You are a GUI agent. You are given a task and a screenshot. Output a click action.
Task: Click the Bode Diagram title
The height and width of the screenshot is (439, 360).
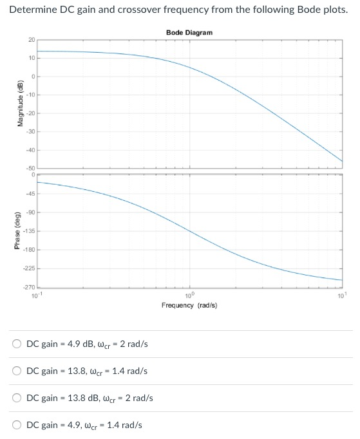click(x=189, y=32)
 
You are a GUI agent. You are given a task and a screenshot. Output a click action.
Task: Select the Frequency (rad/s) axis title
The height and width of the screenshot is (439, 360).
click(x=189, y=305)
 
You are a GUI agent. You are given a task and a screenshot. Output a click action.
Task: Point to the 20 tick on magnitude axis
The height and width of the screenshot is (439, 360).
click(x=32, y=40)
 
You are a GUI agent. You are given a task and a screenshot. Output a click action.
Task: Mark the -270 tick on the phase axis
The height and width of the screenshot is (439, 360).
click(x=29, y=287)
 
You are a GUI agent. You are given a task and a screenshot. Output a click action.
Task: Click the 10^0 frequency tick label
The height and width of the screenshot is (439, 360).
click(x=189, y=295)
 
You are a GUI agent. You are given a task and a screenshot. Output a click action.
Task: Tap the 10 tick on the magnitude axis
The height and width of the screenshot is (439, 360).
click(x=32, y=59)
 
